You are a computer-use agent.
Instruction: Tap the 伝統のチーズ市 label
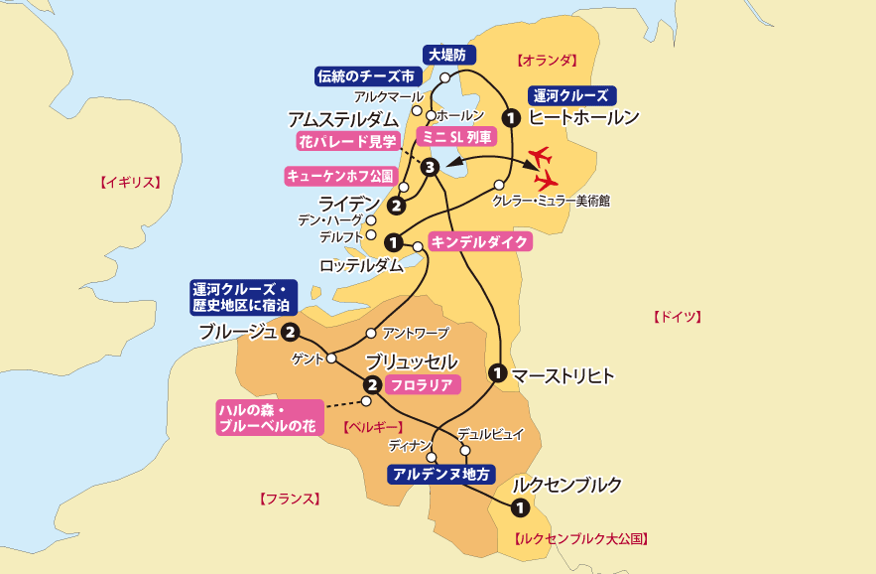[x=364, y=76]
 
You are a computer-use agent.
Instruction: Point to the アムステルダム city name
[x=347, y=119]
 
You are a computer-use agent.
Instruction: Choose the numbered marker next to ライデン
[x=396, y=207]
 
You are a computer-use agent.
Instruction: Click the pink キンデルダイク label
[x=481, y=240]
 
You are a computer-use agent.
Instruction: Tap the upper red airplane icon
[x=542, y=157]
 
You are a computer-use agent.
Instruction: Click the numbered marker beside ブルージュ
[x=291, y=332]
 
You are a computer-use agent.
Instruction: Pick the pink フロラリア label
[x=422, y=384]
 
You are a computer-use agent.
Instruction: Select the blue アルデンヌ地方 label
[x=441, y=474]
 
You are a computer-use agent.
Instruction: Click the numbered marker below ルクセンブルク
[x=518, y=507]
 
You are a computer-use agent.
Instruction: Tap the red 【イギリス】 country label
[x=129, y=182]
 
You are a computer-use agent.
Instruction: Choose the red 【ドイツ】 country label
[x=677, y=317]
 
